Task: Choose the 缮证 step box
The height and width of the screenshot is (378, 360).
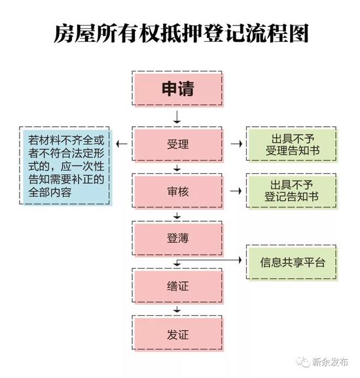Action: (178, 286)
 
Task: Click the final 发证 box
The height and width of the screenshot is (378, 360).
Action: (178, 334)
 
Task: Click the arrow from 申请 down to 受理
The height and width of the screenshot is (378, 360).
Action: (177, 117)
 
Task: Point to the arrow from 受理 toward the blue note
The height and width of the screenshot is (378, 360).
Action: (122, 144)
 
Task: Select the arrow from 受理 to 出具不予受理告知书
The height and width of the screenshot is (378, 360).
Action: (236, 144)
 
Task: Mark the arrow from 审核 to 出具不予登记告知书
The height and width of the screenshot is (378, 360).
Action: (236, 191)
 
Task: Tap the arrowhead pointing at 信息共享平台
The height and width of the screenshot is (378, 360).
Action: (240, 260)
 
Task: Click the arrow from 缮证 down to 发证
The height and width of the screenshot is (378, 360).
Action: (177, 309)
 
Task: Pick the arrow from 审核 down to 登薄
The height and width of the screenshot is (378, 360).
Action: (177, 216)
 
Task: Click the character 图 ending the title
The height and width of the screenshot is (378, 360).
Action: (298, 33)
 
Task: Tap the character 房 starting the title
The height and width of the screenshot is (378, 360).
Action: (63, 33)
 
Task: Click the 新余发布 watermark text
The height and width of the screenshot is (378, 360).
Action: (330, 362)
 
